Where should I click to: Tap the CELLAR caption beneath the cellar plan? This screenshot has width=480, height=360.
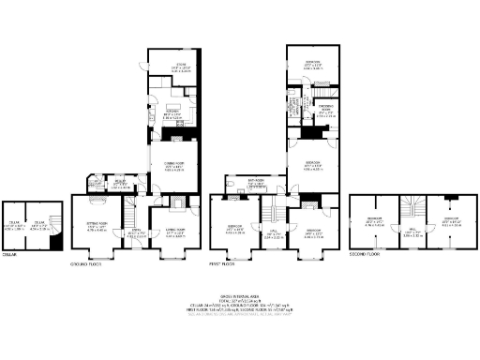[12, 254]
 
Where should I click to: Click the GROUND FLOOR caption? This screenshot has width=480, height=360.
[85, 265]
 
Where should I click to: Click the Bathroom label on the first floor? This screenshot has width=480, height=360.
[254, 183]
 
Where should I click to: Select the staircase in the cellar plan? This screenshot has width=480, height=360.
[55, 238]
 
